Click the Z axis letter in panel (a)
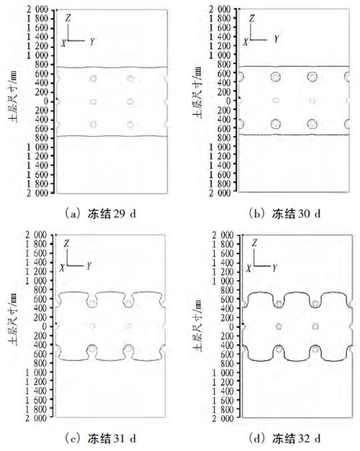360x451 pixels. point(68,18)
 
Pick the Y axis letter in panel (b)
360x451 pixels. point(276,39)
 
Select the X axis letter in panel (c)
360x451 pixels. point(62,268)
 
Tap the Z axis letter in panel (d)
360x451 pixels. point(254,244)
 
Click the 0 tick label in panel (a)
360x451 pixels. point(45,102)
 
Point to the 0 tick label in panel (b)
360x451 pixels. point(228,101)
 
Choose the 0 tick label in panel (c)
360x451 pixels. point(45,326)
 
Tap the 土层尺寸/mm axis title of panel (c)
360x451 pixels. point(13,319)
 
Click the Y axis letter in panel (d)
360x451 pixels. point(274,268)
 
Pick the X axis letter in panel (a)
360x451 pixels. point(63,43)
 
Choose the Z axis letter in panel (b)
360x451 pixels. point(252,19)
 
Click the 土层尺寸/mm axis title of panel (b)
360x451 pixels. point(197,93)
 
